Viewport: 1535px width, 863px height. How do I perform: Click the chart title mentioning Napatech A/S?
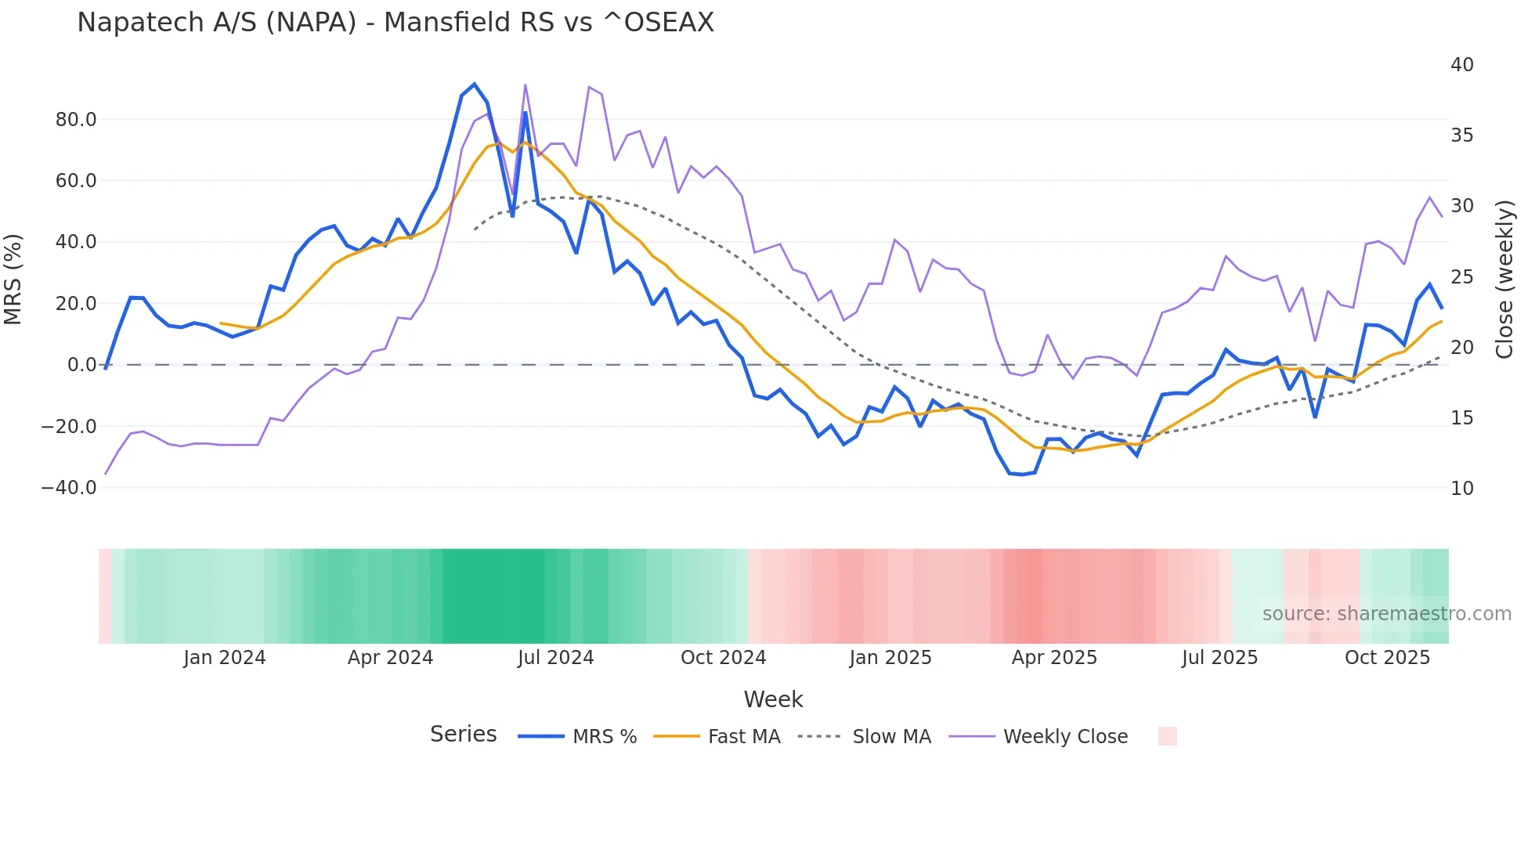point(395,23)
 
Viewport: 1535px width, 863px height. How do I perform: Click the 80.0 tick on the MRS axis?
point(76,120)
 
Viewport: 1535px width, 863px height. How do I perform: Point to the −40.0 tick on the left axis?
point(69,488)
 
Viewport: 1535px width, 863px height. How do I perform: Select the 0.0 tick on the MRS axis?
point(81,365)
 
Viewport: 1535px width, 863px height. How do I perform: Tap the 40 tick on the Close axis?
point(1461,65)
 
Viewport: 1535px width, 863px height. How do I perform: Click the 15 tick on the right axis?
point(1461,418)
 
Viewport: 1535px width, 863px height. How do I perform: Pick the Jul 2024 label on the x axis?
point(555,658)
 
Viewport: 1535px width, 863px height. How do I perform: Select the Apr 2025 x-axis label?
point(1054,658)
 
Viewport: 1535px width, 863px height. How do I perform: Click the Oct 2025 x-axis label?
point(1387,658)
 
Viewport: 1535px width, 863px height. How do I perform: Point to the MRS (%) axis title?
point(13,280)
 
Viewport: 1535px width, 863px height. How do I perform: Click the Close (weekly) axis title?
point(1504,280)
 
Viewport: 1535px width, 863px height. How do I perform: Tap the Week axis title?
point(773,699)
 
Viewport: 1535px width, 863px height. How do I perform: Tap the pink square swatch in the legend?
point(1167,736)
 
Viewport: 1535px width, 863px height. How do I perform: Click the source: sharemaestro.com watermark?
point(1386,614)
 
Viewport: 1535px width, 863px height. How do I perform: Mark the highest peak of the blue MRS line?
point(474,84)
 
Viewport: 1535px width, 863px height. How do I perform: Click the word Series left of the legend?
point(463,735)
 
